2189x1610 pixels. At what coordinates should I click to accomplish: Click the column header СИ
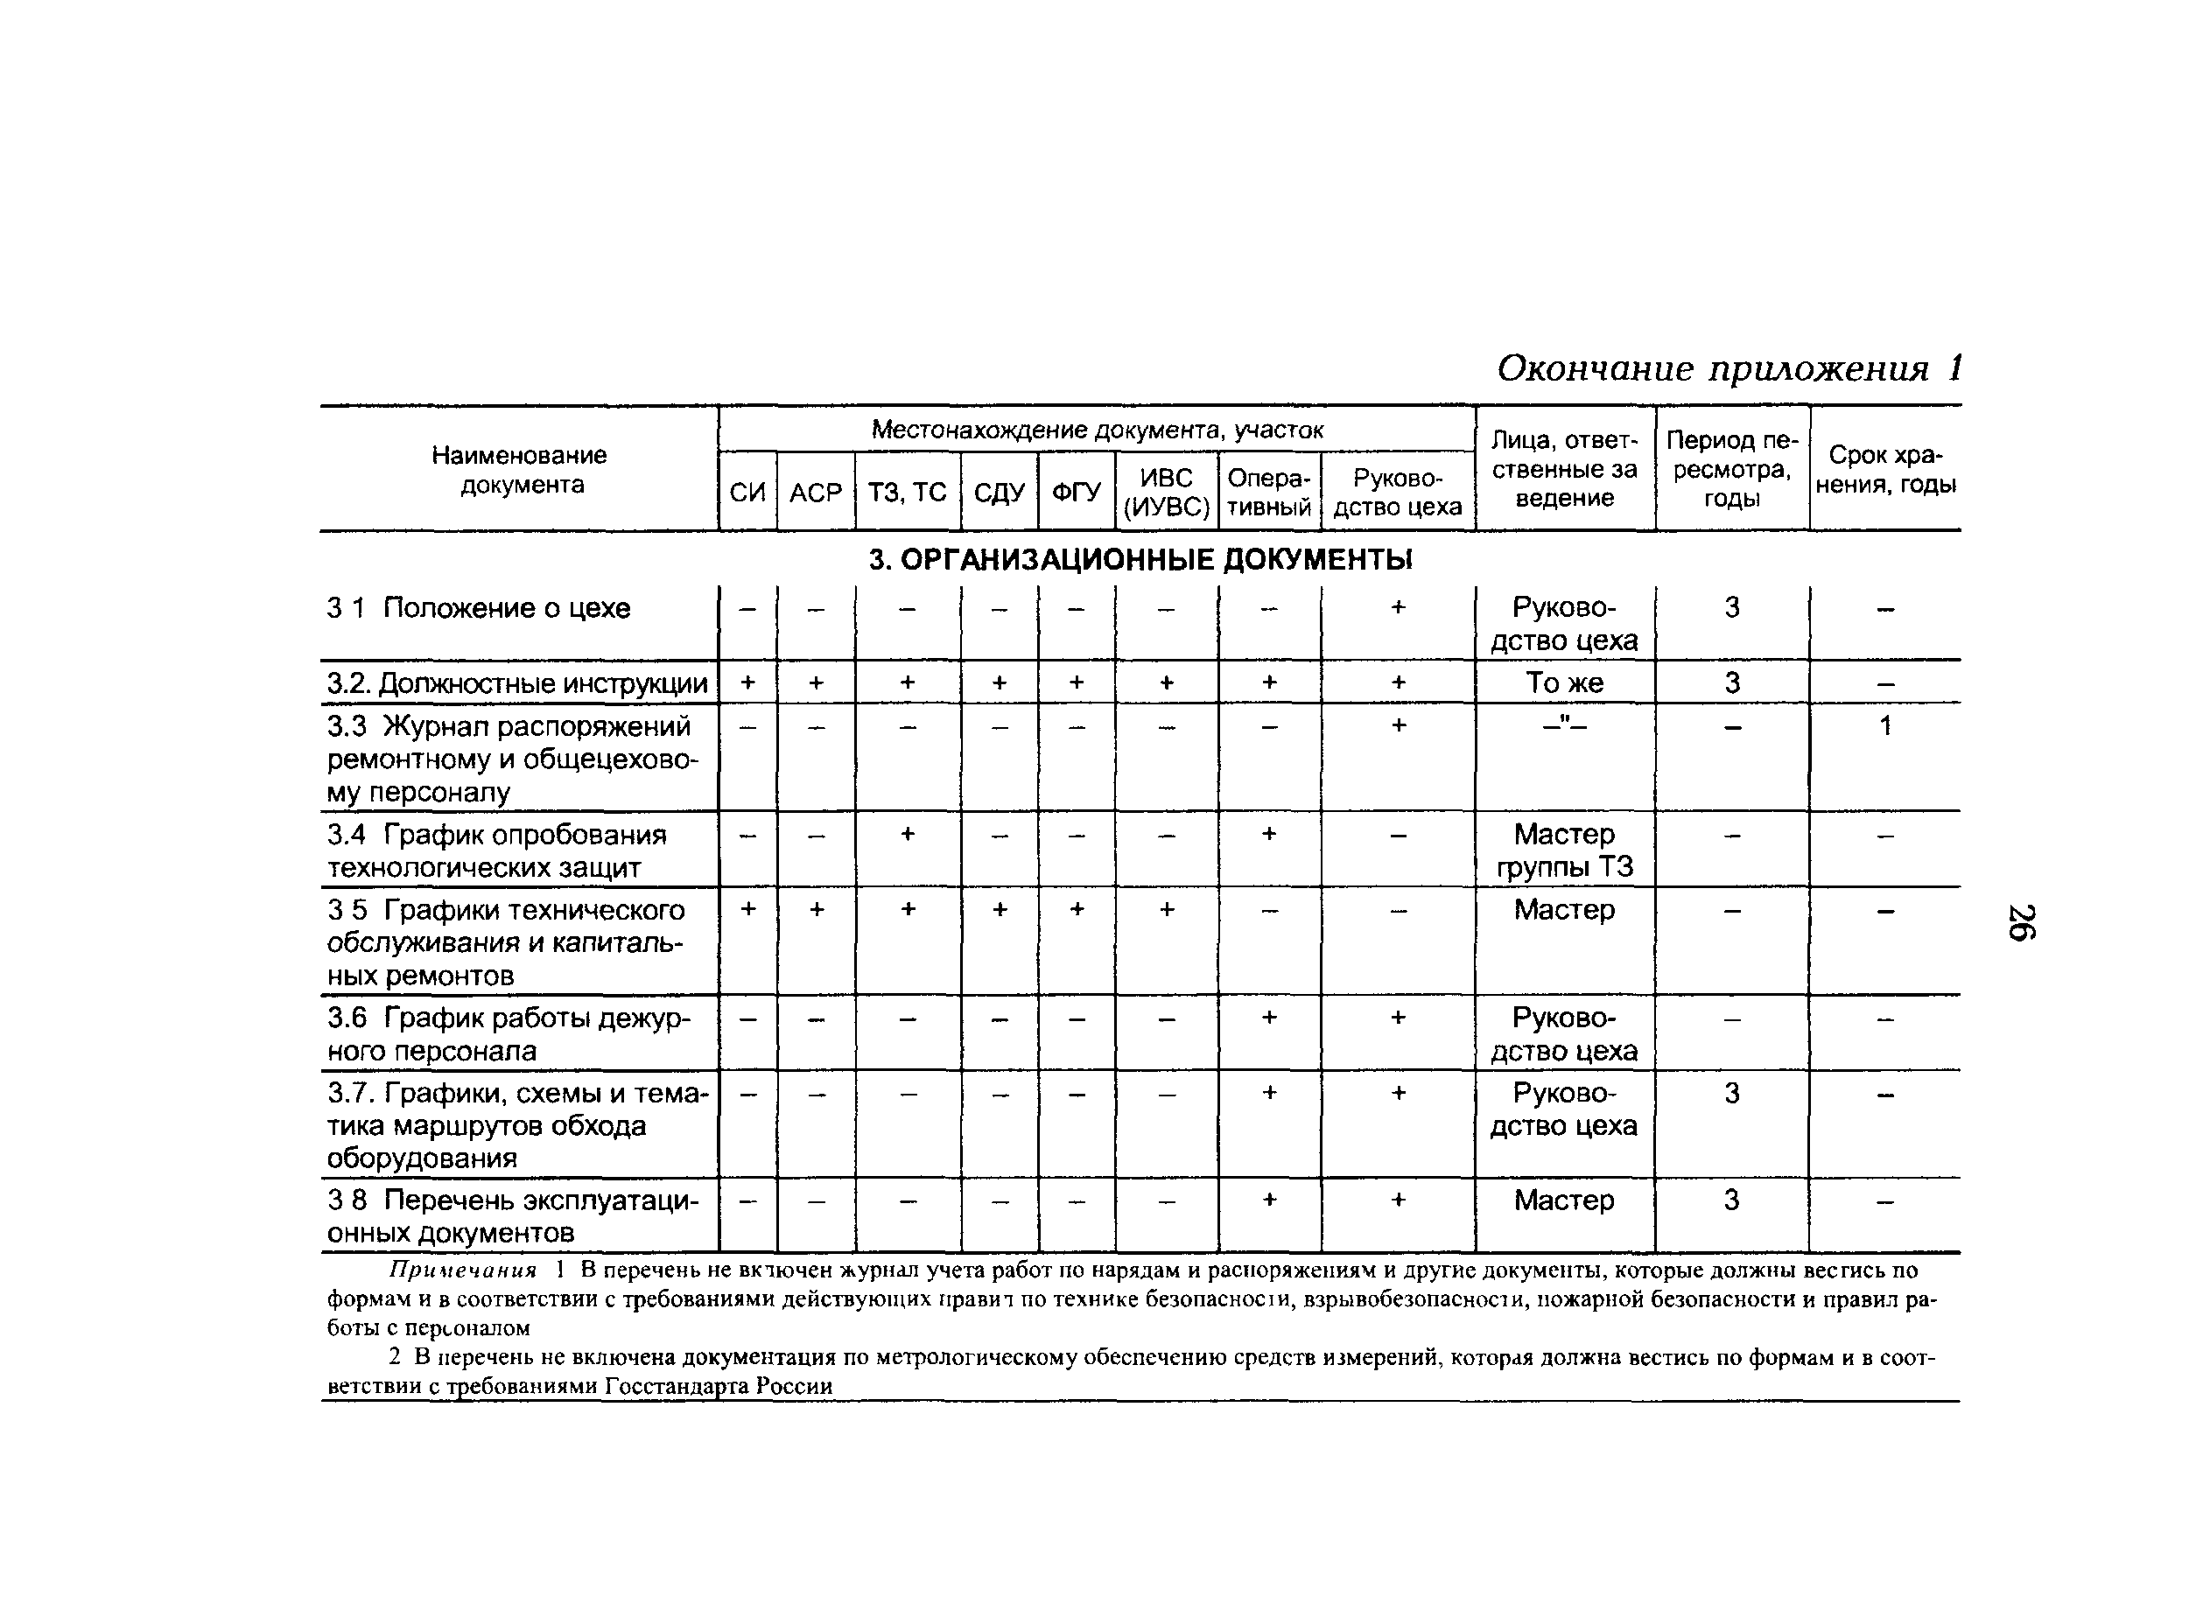(747, 492)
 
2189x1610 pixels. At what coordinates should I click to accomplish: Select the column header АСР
(815, 492)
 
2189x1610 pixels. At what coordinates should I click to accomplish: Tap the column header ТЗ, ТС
(907, 492)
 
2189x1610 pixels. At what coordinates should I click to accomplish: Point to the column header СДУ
(998, 492)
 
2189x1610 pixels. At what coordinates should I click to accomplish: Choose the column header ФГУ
(1076, 492)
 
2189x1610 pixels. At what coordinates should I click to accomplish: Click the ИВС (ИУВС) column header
(1166, 492)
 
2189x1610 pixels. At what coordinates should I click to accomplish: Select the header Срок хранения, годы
(1885, 469)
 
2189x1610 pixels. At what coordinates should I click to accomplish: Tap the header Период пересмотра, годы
(1731, 469)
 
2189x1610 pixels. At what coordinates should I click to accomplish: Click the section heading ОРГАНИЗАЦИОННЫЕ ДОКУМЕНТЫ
(1140, 559)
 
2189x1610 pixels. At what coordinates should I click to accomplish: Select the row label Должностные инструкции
(517, 683)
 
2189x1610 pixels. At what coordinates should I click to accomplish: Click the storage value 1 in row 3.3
(1885, 726)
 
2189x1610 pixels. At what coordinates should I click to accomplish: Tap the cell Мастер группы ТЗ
(1563, 850)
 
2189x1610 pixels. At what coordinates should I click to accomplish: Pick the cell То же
(1563, 683)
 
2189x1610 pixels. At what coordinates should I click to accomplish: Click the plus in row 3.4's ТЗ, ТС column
(907, 834)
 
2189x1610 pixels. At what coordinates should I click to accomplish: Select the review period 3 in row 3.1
(1731, 608)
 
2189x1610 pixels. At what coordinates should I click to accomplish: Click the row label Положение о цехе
(506, 608)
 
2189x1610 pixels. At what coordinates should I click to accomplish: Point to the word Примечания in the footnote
(463, 1270)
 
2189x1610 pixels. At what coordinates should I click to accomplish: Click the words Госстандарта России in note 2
(719, 1386)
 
